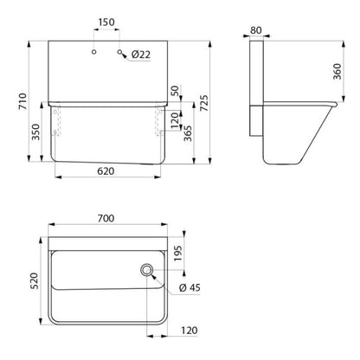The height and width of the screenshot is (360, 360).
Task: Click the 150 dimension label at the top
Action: point(106,22)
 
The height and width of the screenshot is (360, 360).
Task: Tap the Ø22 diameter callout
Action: point(141,55)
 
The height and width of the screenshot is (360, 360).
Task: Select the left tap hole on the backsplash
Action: point(93,52)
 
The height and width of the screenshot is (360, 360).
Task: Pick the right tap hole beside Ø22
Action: point(119,52)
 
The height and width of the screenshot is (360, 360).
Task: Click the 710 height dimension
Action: point(22,101)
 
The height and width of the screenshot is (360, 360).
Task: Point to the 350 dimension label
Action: point(35,132)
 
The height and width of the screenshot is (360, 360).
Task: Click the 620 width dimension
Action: point(106,171)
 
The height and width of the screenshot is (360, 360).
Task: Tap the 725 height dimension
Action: point(204,103)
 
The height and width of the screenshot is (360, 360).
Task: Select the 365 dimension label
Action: point(188,133)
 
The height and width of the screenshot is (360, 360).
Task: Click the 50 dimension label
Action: point(175,91)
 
